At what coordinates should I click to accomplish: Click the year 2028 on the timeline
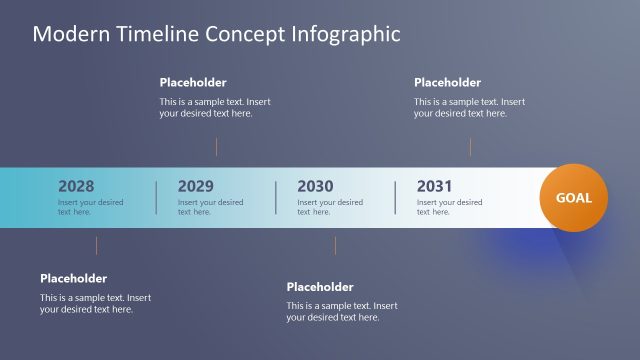(x=76, y=186)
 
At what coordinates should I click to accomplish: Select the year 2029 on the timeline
(x=195, y=186)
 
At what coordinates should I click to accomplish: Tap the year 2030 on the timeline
(x=315, y=186)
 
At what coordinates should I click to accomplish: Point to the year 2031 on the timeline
(x=434, y=186)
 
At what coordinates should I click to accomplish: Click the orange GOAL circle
(x=574, y=197)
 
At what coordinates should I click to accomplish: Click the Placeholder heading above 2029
(x=193, y=83)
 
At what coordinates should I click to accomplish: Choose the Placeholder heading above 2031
(x=447, y=83)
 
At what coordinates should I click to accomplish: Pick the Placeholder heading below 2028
(x=73, y=279)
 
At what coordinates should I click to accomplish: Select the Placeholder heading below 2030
(x=320, y=287)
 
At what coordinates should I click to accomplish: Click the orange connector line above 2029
(x=216, y=146)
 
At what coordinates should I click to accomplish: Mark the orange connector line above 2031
(x=470, y=146)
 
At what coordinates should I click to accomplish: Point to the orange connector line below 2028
(x=96, y=245)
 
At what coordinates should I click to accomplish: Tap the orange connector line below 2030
(x=335, y=245)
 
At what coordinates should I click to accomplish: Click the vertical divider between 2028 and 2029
(x=156, y=197)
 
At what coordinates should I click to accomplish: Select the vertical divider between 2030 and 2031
(x=395, y=197)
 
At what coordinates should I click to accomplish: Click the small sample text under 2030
(x=330, y=207)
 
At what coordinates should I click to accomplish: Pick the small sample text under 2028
(x=91, y=207)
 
